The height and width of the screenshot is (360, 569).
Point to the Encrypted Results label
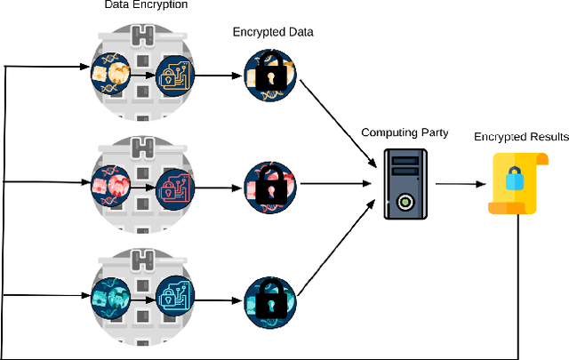[521, 137]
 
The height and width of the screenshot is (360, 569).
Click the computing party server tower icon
[405, 184]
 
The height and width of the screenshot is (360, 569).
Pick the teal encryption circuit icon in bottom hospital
[175, 299]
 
